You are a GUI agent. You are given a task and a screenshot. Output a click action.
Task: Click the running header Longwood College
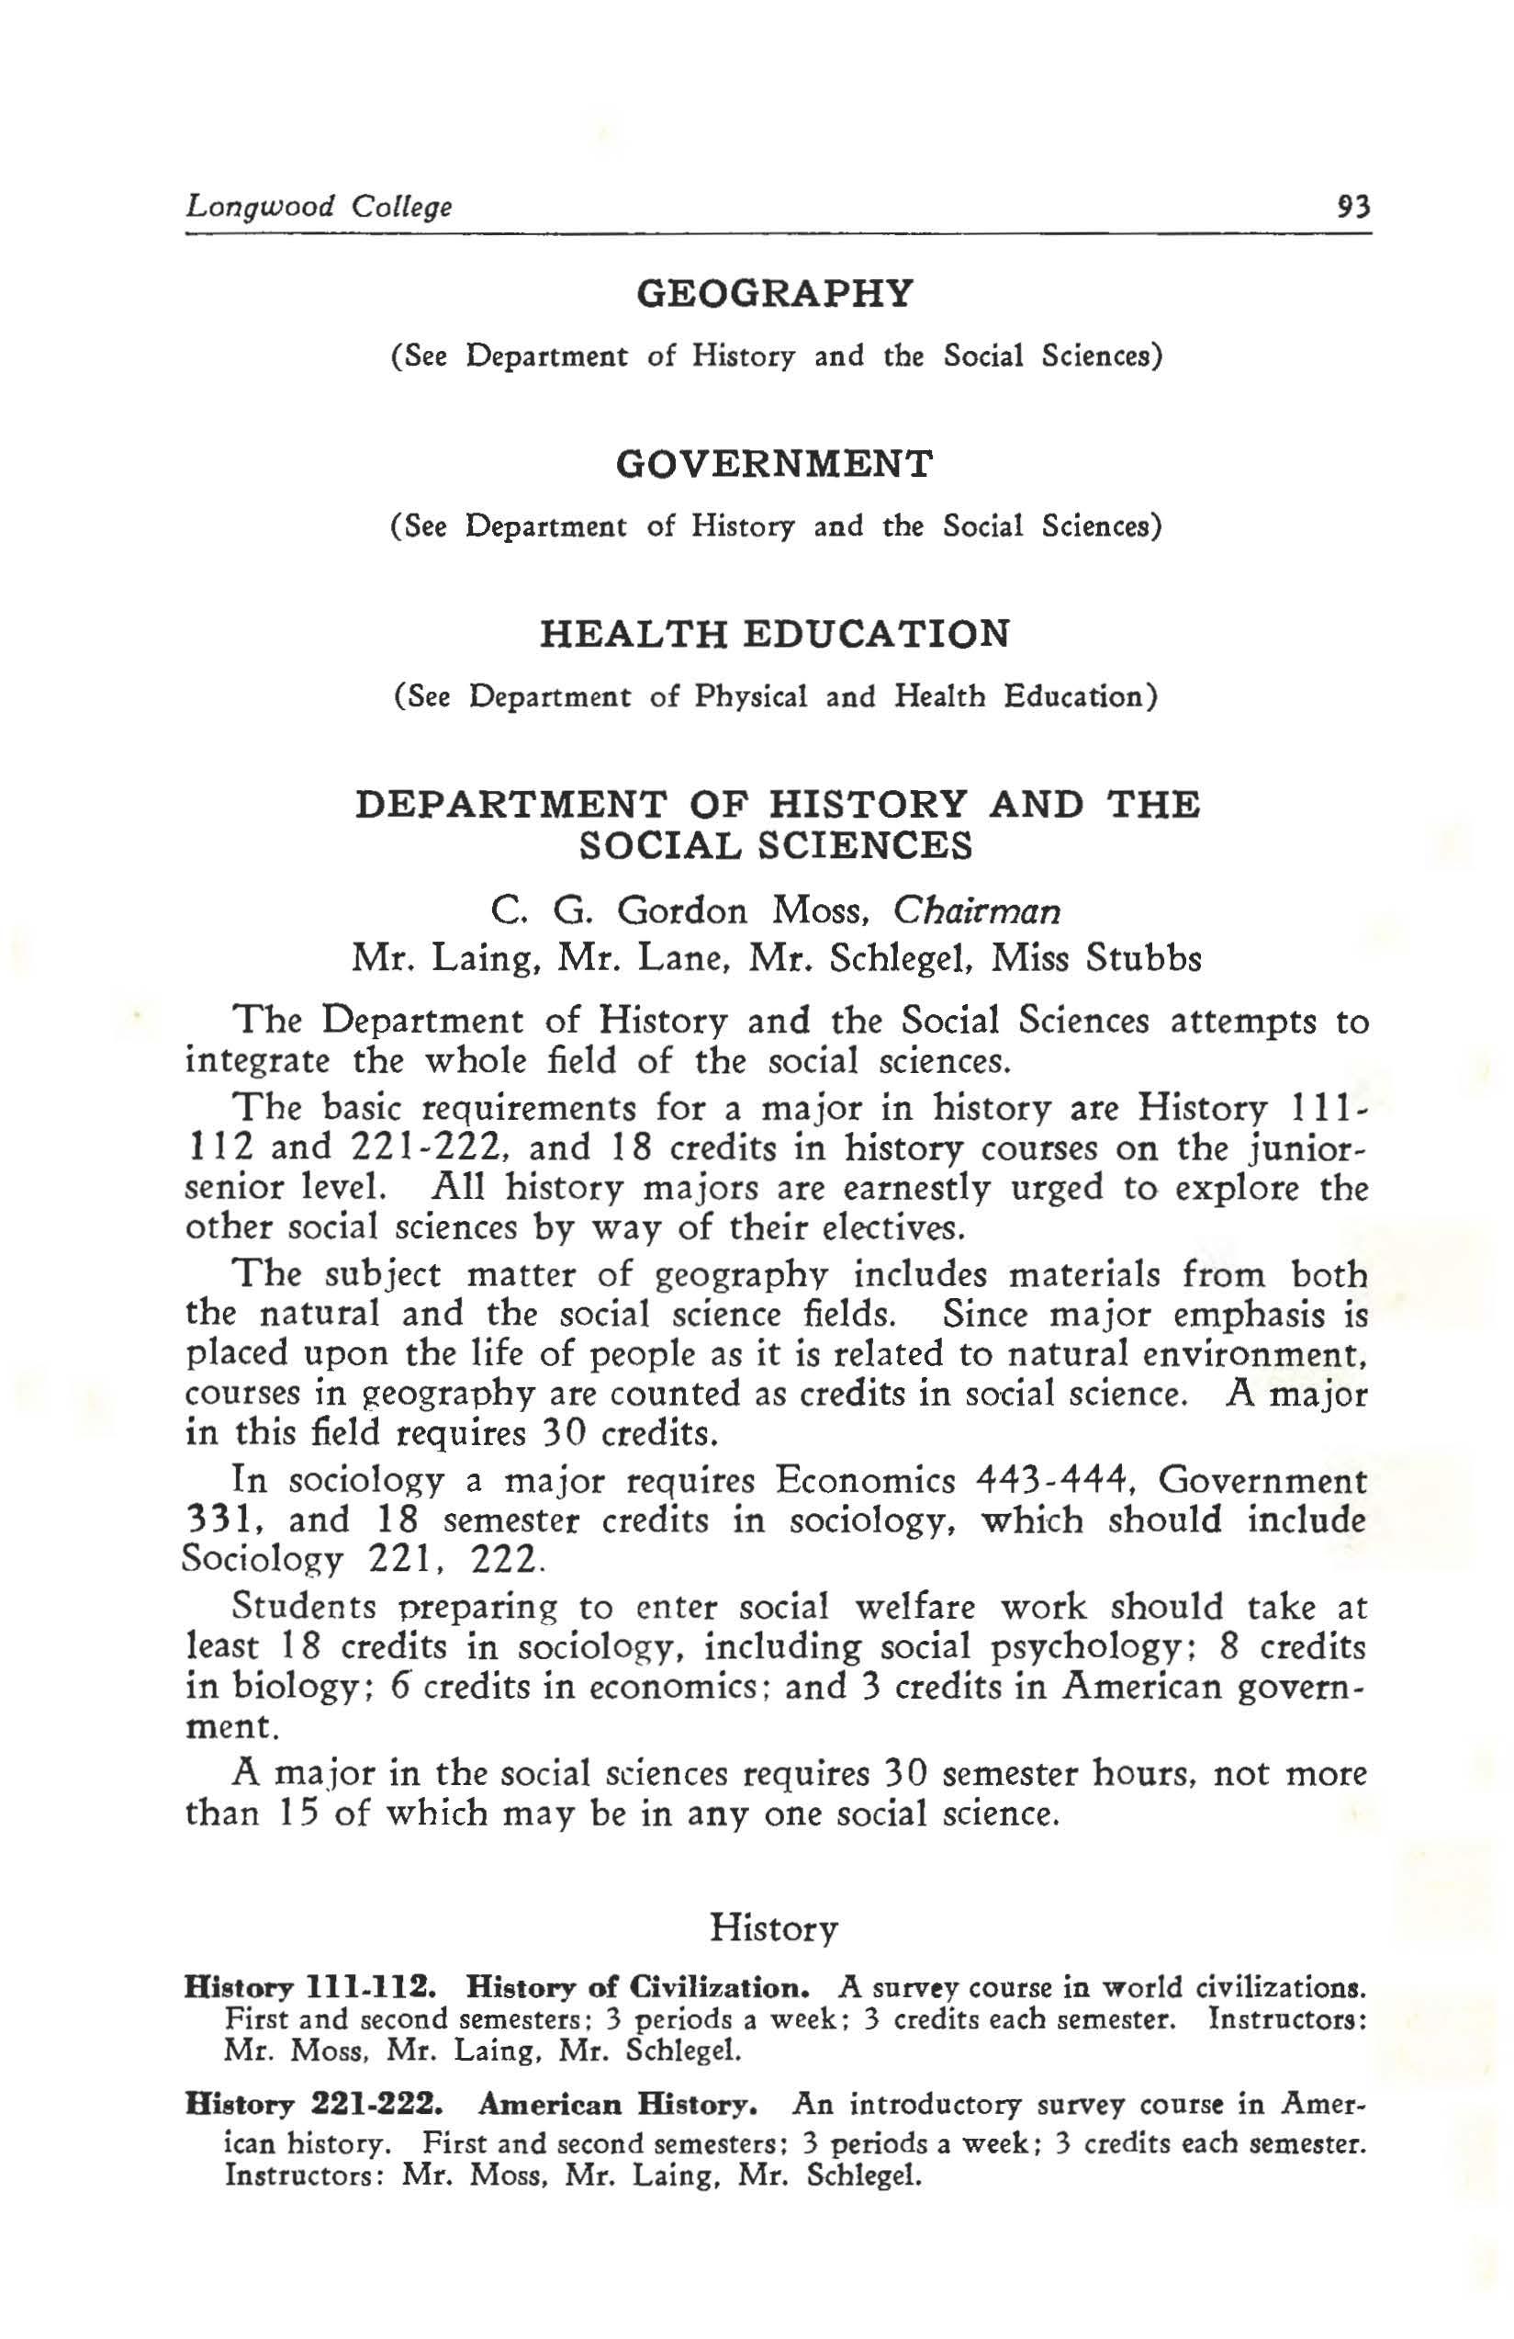click(320, 208)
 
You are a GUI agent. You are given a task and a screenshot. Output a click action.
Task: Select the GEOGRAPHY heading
click(775, 293)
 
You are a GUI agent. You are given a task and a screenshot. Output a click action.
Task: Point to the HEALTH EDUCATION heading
click(774, 634)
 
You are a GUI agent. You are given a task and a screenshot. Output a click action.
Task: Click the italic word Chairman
click(977, 911)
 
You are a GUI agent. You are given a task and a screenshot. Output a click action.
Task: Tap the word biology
click(296, 1688)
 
